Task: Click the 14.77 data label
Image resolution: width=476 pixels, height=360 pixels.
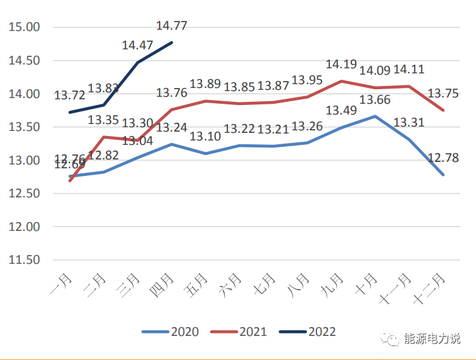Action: pyautogui.click(x=172, y=27)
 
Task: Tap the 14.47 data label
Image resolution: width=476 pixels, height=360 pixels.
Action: pyautogui.click(x=137, y=46)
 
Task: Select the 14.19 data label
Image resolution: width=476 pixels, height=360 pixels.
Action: pyautogui.click(x=342, y=65)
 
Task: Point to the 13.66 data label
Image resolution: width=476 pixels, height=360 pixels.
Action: pyautogui.click(x=375, y=99)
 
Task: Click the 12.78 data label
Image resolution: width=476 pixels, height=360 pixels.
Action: pyautogui.click(x=443, y=158)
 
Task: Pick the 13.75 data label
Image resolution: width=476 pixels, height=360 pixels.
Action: pyautogui.click(x=443, y=93)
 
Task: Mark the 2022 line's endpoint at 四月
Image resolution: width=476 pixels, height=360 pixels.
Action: pyautogui.click(x=172, y=42)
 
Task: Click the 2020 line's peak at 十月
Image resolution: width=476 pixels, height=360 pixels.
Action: pyautogui.click(x=375, y=116)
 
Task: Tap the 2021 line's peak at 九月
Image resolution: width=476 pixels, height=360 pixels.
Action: pyautogui.click(x=341, y=81)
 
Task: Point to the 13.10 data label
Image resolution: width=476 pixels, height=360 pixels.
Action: pyautogui.click(x=206, y=137)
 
